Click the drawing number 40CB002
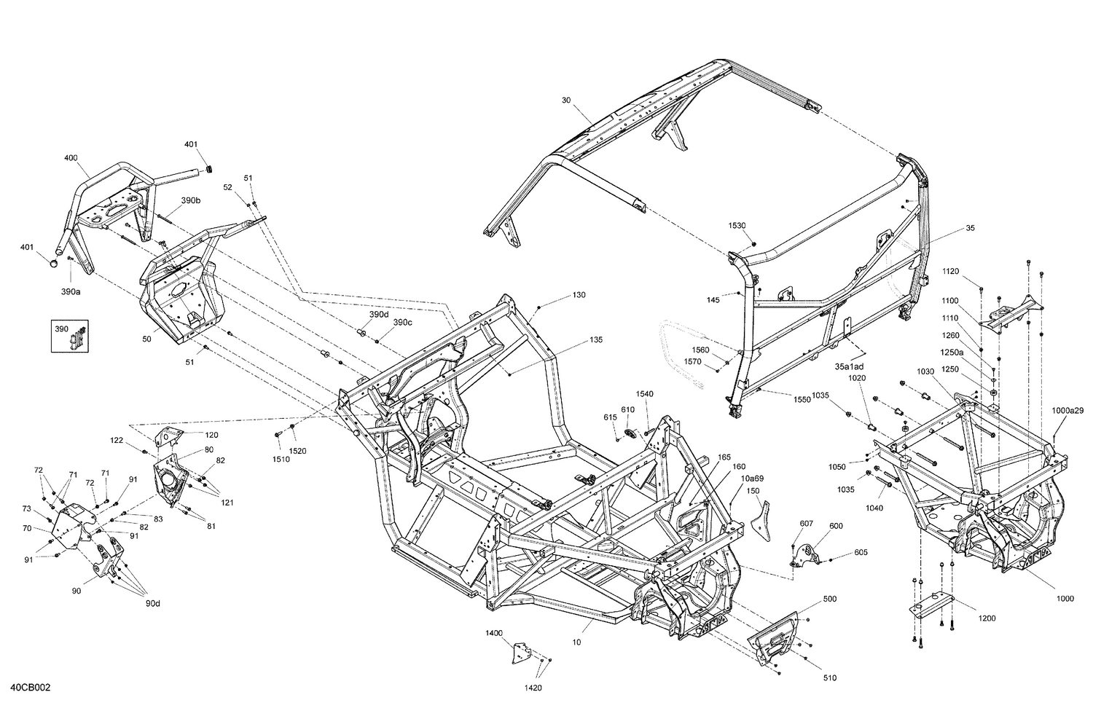click(x=31, y=688)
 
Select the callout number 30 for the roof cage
click(x=566, y=100)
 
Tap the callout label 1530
click(x=737, y=226)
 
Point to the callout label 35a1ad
click(x=850, y=366)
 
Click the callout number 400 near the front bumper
click(x=71, y=158)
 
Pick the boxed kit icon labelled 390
click(x=69, y=336)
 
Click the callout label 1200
click(x=987, y=618)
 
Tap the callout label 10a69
click(x=753, y=478)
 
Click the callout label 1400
click(x=494, y=634)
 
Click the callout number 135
click(x=596, y=339)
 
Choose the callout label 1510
click(x=281, y=459)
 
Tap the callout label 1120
click(x=950, y=271)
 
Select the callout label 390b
click(x=191, y=200)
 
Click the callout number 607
click(x=806, y=524)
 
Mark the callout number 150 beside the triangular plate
click(x=753, y=491)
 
